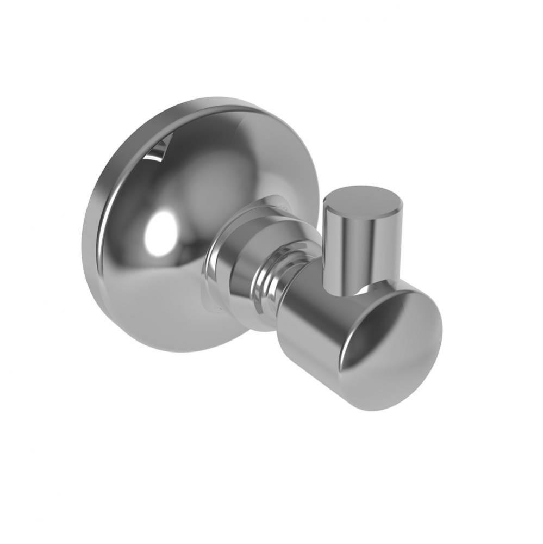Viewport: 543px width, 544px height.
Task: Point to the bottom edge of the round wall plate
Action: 179,348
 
